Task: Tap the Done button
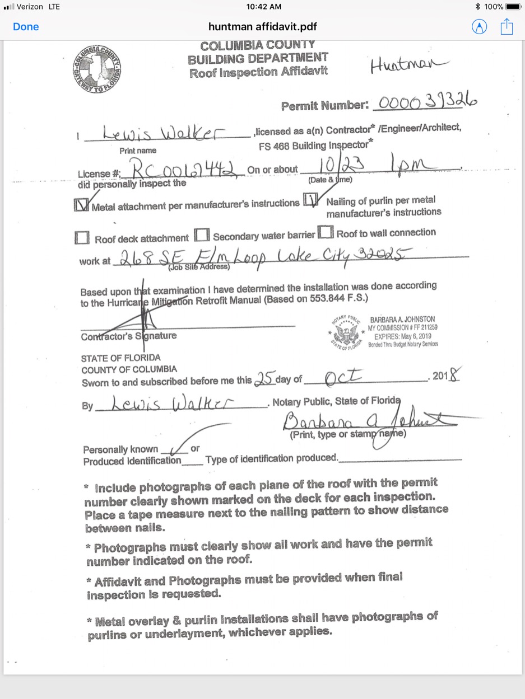click(26, 27)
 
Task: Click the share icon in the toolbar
click(507, 26)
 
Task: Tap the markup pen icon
click(479, 27)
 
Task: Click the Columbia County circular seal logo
click(97, 69)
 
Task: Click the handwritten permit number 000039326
click(428, 102)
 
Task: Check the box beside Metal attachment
click(82, 206)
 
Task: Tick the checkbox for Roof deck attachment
click(82, 238)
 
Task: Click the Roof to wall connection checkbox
click(326, 232)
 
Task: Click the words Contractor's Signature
click(129, 336)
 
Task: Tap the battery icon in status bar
click(513, 7)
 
